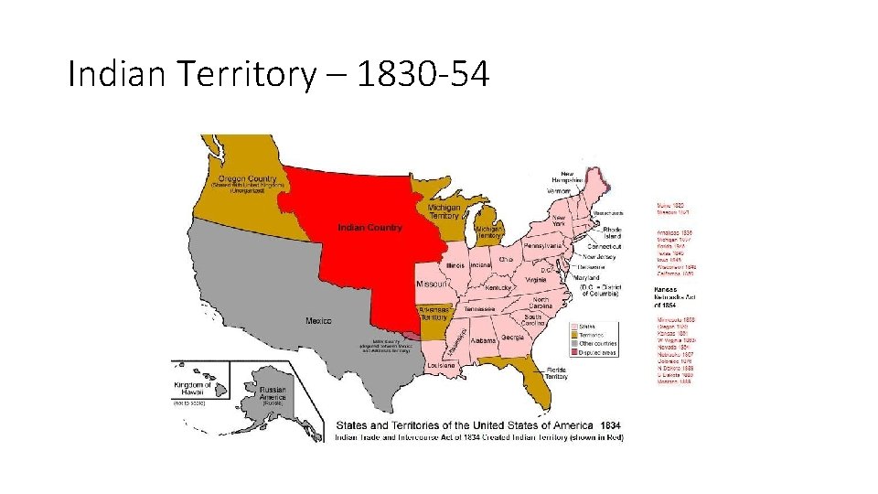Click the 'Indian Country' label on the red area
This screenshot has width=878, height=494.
point(369,227)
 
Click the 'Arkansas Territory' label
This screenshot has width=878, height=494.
point(434,313)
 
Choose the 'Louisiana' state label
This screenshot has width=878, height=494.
point(441,365)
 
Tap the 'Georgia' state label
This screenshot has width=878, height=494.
point(512,338)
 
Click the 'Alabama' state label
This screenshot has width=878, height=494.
point(484,339)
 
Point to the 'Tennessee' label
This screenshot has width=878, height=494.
point(479,309)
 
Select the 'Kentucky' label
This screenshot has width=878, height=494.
point(498,287)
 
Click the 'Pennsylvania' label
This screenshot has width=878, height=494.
point(541,246)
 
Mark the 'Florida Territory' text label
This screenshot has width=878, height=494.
point(556,372)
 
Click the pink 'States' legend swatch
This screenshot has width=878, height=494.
point(575,326)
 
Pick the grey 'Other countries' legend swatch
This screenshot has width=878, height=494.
point(575,345)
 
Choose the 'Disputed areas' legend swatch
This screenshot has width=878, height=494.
point(575,354)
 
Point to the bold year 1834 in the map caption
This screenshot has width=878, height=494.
point(609,425)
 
